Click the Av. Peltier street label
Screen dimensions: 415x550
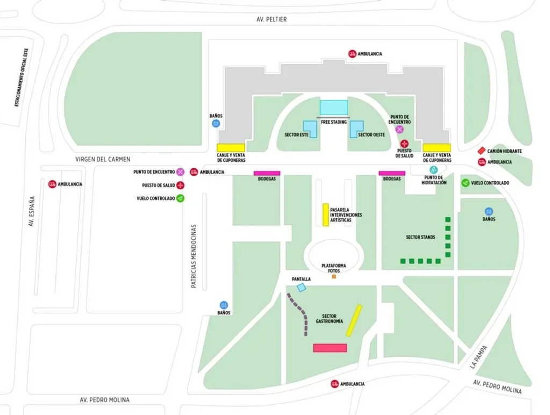pos(272,20)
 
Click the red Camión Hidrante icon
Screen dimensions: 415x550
pos(482,151)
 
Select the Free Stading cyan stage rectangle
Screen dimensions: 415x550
pos(334,107)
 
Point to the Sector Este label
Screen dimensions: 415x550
pos(296,134)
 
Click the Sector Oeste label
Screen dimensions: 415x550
pos(372,134)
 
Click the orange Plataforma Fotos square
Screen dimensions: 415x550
pos(334,276)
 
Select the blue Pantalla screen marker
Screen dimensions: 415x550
pos(301,288)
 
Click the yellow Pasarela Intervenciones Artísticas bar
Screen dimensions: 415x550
pos(325,214)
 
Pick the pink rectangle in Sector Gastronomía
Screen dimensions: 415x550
pos(330,348)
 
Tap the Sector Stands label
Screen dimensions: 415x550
pos(421,237)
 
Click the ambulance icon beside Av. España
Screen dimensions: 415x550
pos(52,184)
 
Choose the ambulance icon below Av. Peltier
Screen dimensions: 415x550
pos(352,54)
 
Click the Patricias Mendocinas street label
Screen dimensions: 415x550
pos(194,256)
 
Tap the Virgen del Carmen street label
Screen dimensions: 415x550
pos(103,160)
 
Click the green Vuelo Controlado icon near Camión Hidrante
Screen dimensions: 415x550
pos(465,183)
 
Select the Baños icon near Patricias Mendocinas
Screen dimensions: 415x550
pos(224,305)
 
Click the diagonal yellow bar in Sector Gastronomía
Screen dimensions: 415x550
pos(354,320)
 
